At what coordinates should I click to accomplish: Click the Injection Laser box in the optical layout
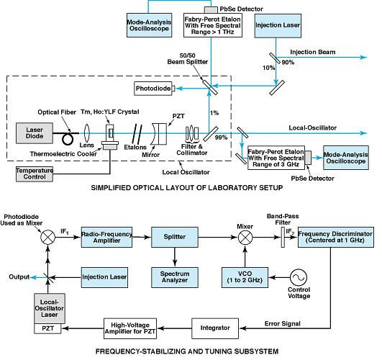pyautogui.click(x=278, y=30)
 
